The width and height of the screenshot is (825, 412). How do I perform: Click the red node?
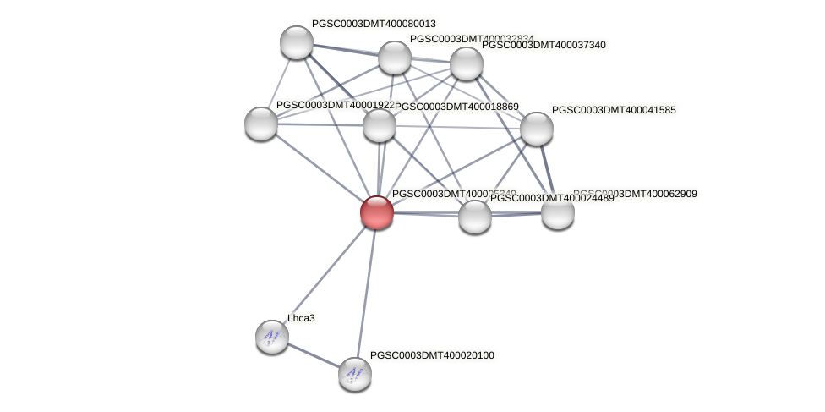pos(377,211)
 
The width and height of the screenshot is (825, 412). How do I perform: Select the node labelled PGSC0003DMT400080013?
pos(297,42)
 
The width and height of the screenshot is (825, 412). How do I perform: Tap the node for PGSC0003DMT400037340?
pos(466,63)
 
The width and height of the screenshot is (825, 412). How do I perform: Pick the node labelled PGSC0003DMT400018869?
pos(380,125)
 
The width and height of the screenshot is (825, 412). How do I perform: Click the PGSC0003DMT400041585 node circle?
pos(536,129)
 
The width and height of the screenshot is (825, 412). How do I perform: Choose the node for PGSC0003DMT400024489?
pos(475,217)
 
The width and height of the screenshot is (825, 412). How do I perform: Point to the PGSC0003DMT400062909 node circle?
pos(558,212)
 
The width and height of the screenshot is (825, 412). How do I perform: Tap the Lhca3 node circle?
pos(272,337)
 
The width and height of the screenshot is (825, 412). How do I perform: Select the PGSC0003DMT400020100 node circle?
pos(355,373)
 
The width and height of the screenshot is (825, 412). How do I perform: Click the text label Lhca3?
pos(301,318)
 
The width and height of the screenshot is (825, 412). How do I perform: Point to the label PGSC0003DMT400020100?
pos(432,355)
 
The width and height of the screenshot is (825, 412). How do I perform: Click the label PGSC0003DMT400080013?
pos(374,24)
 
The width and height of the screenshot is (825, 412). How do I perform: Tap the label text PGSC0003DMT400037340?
pos(544,45)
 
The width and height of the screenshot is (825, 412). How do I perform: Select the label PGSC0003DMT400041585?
pos(614,110)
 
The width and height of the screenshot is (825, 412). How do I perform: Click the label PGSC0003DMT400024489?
pos(552,198)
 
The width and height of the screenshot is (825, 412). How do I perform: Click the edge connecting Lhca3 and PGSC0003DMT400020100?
pos(314,355)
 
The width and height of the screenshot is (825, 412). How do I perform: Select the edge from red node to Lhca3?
pos(325,274)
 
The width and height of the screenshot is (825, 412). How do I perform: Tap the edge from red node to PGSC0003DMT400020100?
pos(366,292)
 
